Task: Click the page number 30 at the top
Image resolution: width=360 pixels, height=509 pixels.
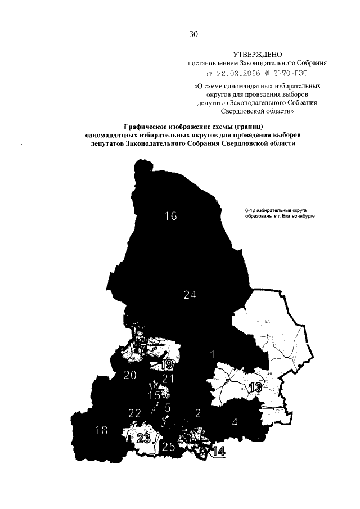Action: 193,34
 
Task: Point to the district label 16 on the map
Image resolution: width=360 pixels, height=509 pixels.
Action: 170,216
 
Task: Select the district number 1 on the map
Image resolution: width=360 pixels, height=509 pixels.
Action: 212,354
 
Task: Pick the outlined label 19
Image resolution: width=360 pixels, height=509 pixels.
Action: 165,364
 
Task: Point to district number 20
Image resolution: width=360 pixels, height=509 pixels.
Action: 130,376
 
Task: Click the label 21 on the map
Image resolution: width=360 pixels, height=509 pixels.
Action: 168,379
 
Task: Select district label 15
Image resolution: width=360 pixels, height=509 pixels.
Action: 154,395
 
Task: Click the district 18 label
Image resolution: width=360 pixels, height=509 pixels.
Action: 101,431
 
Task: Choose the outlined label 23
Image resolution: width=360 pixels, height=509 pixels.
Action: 144,439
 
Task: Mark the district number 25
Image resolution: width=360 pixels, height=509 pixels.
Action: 168,448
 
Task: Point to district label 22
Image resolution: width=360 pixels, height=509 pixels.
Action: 134,413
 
